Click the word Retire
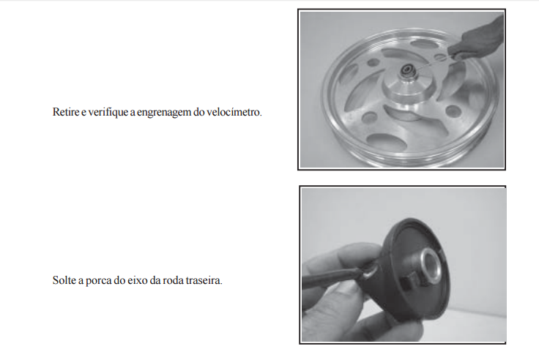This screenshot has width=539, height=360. [x=66, y=112]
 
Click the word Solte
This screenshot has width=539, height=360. [x=64, y=280]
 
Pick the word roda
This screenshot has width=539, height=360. [x=173, y=280]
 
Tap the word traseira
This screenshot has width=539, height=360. [x=204, y=280]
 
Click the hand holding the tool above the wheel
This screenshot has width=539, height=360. [x=477, y=39]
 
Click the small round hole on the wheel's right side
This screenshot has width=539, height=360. [x=453, y=111]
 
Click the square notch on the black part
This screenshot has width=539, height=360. [x=409, y=282]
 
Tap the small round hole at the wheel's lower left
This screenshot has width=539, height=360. [x=370, y=117]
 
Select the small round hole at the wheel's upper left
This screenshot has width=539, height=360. [x=373, y=62]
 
